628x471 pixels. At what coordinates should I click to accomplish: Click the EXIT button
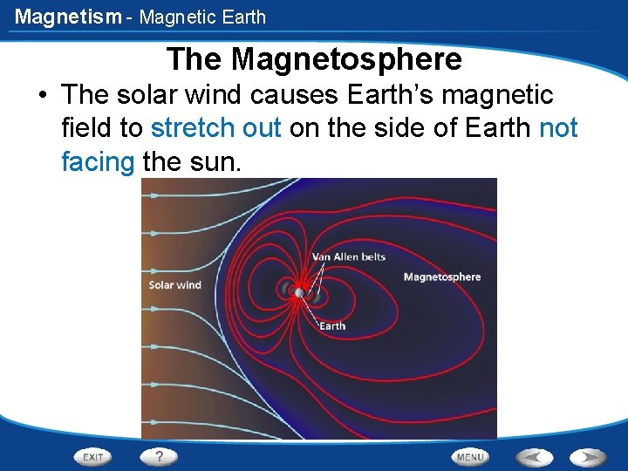[x=94, y=457]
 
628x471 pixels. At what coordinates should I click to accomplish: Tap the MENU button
[x=469, y=457]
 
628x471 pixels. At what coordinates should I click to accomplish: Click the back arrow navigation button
[x=534, y=456]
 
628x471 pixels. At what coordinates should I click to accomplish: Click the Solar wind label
[x=174, y=285]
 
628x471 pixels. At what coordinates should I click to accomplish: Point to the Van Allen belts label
[x=349, y=257]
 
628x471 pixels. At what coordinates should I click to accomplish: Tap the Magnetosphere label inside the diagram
[x=441, y=277]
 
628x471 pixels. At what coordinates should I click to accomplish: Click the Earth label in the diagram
[x=332, y=326]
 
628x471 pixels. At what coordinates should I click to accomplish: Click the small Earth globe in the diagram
[x=299, y=293]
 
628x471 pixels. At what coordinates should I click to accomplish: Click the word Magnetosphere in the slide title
[x=347, y=59]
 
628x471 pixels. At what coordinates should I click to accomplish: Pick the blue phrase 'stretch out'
[x=215, y=128]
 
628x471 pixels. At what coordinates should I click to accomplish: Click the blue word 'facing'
[x=98, y=161]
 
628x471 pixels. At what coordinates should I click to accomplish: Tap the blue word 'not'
[x=558, y=128]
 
